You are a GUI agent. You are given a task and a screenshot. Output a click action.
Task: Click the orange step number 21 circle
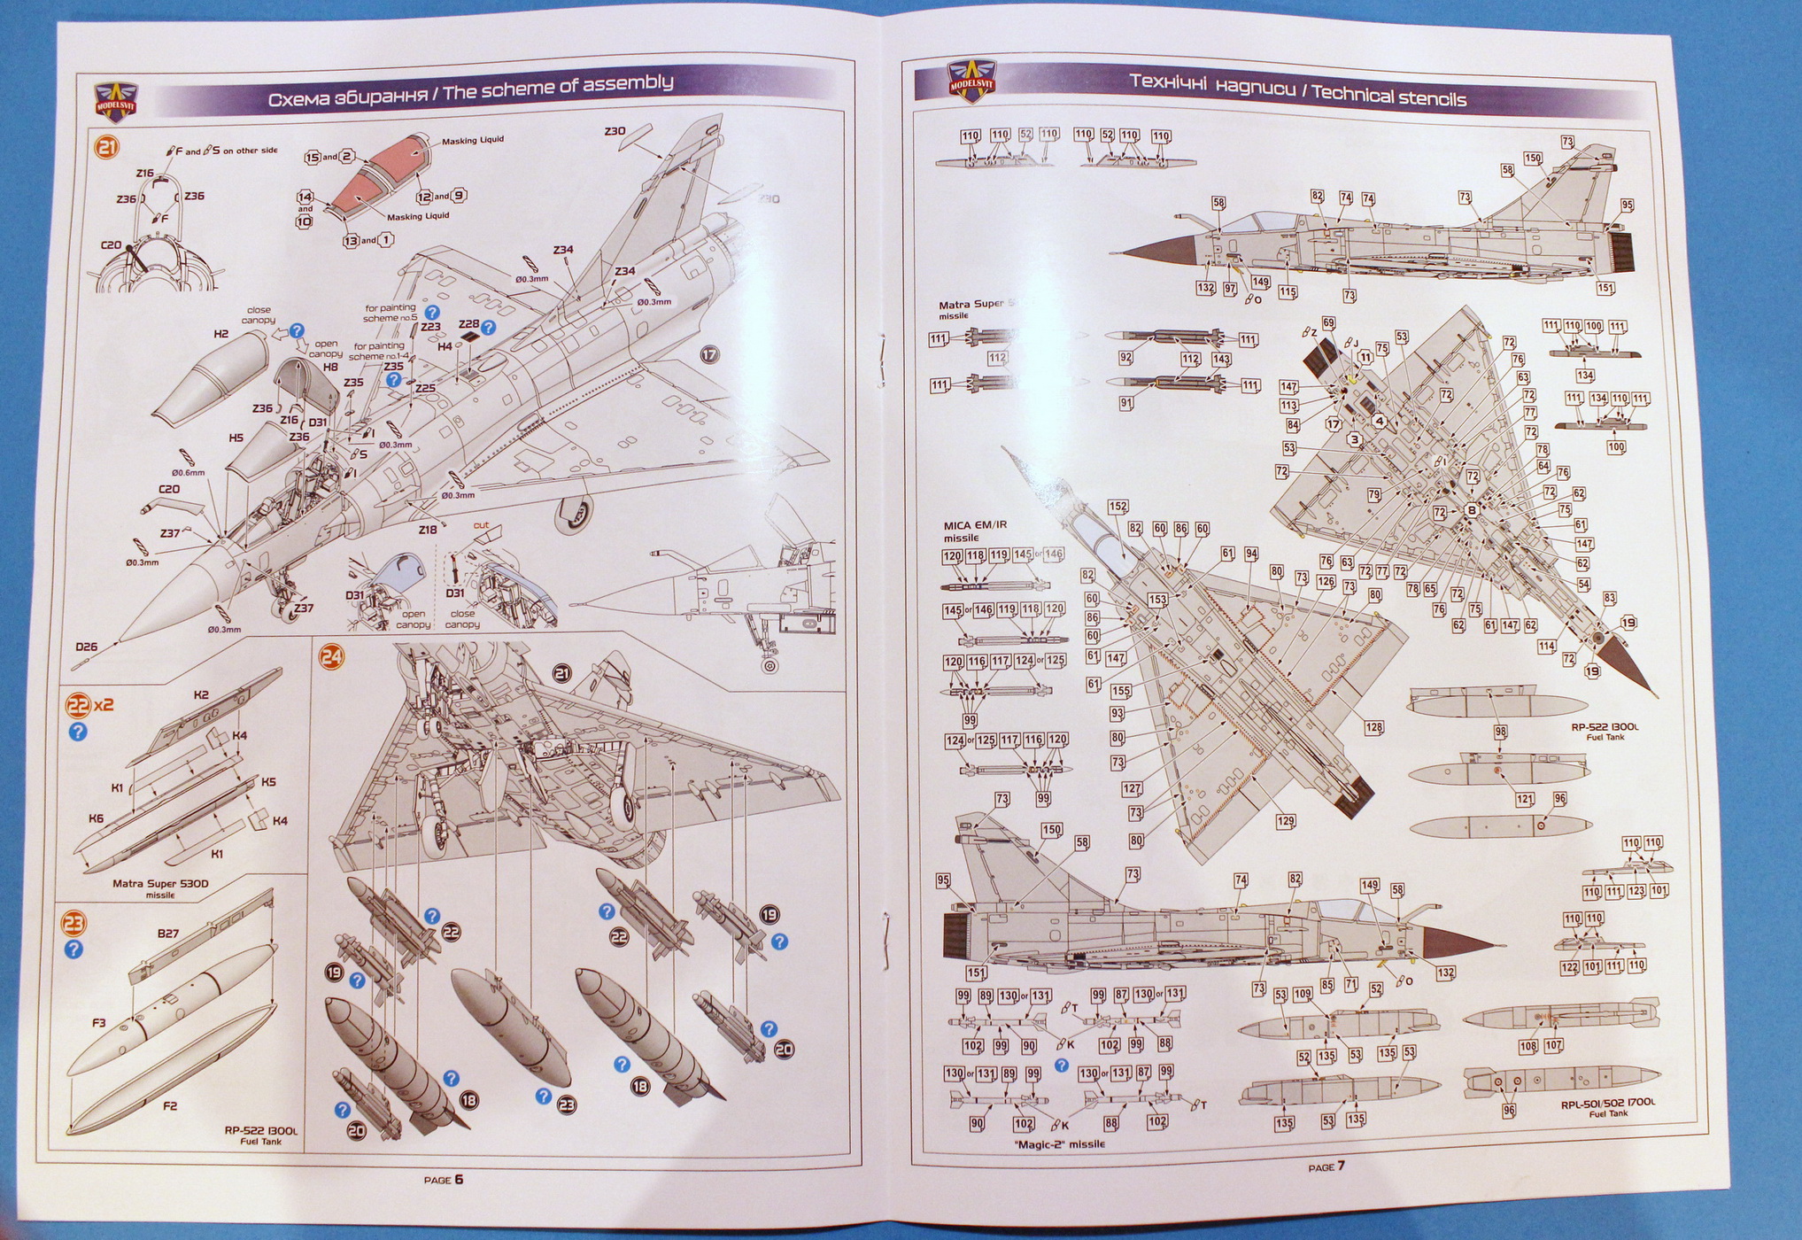pyautogui.click(x=105, y=146)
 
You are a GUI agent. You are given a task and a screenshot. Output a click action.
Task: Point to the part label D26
pyautogui.click(x=86, y=647)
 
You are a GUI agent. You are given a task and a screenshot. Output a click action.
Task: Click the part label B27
pyautogui.click(x=167, y=933)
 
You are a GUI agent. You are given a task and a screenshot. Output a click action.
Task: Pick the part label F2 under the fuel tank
pyautogui.click(x=170, y=1105)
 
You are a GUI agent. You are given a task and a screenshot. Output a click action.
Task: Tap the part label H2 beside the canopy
pyautogui.click(x=221, y=334)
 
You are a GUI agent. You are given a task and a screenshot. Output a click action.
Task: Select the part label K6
pyautogui.click(x=96, y=818)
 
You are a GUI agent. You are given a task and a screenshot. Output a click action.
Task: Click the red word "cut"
pyautogui.click(x=481, y=525)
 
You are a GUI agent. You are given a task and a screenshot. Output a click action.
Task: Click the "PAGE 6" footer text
pyautogui.click(x=443, y=1179)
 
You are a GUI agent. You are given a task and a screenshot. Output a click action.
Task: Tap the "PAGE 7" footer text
pyautogui.click(x=1326, y=1166)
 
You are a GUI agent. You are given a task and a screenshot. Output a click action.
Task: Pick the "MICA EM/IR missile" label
pyautogui.click(x=974, y=531)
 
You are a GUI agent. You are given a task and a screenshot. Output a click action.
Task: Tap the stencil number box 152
pyautogui.click(x=1118, y=507)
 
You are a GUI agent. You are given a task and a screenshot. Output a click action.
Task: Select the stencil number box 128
pyautogui.click(x=1373, y=728)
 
